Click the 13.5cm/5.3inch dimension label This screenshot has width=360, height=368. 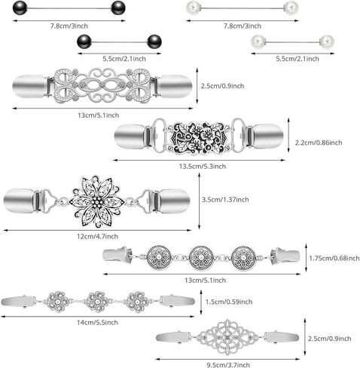(203, 167)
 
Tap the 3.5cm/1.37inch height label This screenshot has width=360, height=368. (225, 200)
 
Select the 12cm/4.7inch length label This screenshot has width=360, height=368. (97, 237)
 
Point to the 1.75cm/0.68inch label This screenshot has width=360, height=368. (334, 258)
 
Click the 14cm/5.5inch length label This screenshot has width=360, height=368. (97, 323)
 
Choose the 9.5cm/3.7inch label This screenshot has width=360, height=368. (228, 365)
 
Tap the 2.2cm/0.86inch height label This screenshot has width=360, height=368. (319, 143)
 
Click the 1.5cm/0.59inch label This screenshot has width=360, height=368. (229, 302)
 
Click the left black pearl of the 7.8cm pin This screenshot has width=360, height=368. (20, 8)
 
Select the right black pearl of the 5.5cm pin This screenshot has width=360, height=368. (154, 41)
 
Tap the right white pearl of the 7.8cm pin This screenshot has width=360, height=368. (291, 8)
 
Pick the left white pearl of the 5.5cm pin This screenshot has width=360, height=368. (258, 41)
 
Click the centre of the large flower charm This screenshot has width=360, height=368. (96, 201)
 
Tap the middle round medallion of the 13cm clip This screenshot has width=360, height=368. (201, 258)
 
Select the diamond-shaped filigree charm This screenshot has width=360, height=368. (227, 337)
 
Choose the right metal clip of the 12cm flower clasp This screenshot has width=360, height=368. (172, 201)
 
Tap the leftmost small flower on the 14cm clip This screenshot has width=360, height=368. (57, 302)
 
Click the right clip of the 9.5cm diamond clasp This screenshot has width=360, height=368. (282, 337)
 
